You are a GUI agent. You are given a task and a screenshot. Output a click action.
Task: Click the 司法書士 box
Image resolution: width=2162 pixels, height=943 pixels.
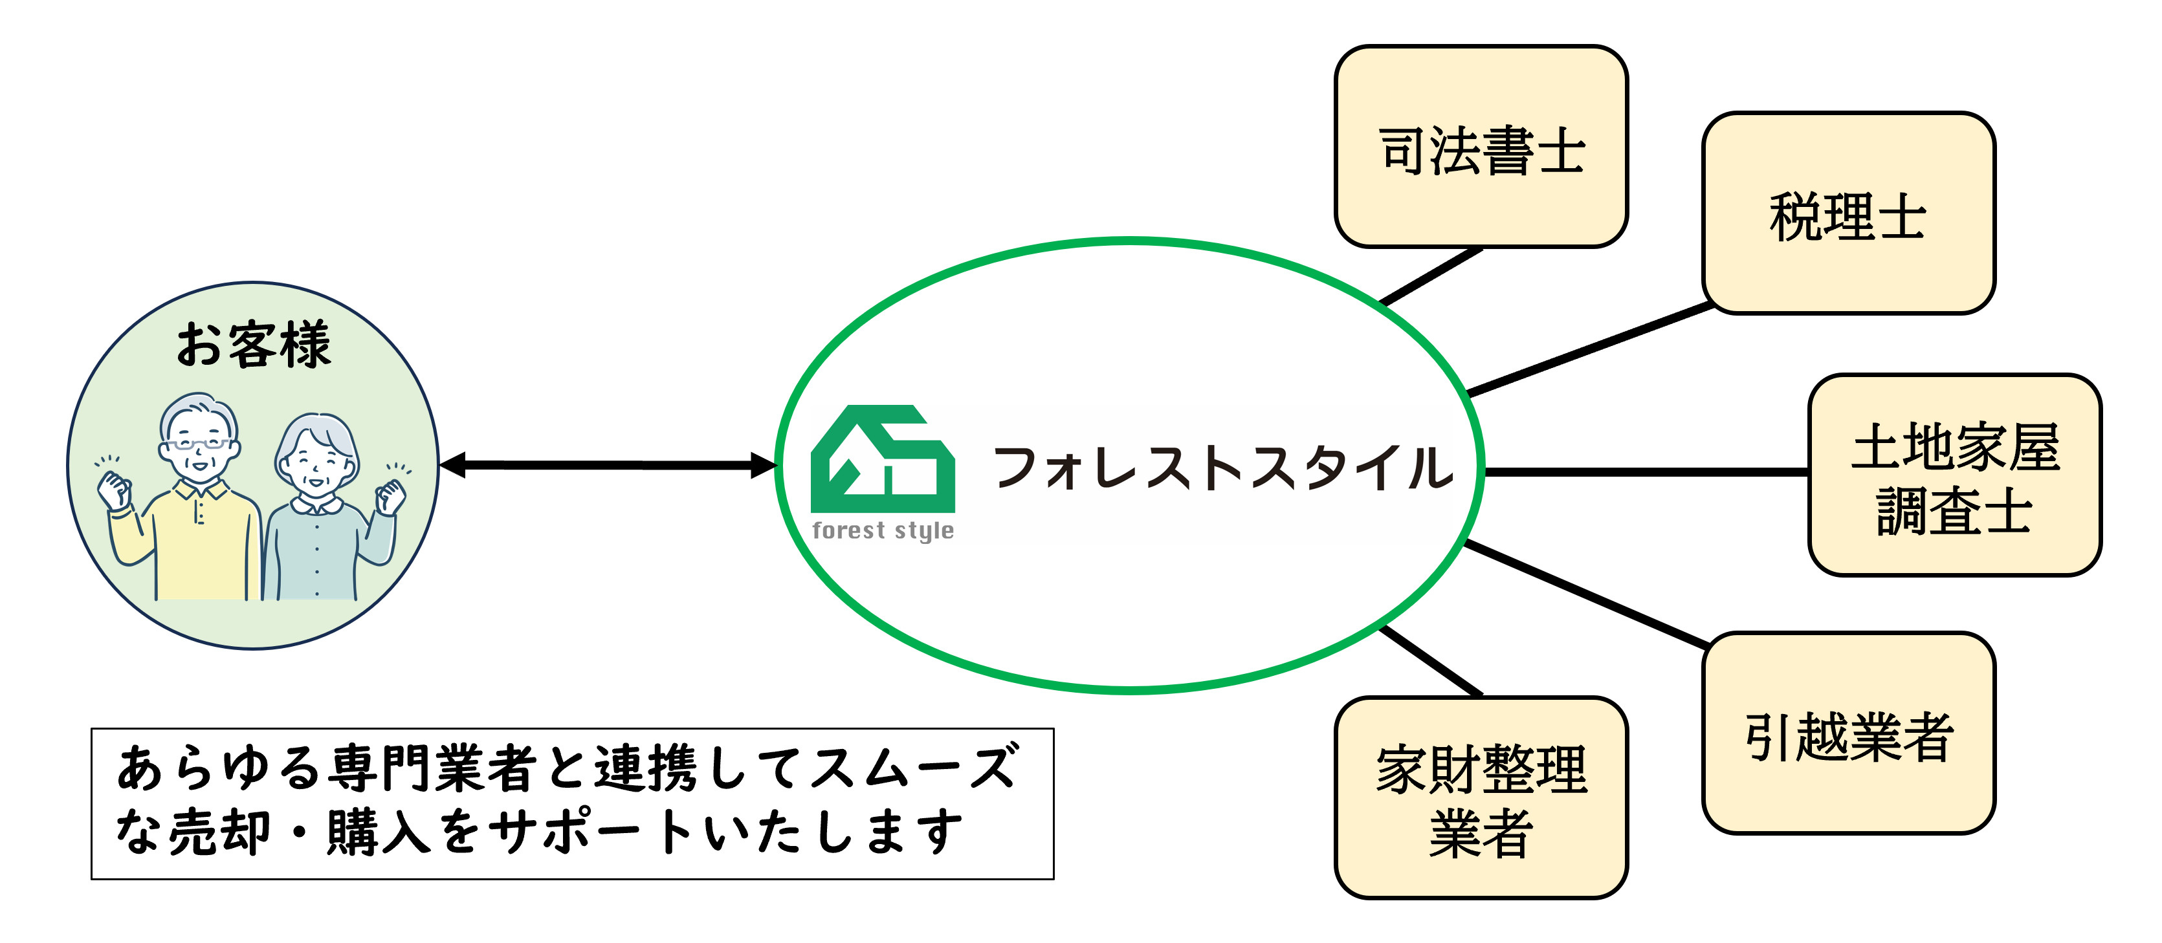click(1481, 147)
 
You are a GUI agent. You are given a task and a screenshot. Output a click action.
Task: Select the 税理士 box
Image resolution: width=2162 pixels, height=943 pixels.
click(1848, 214)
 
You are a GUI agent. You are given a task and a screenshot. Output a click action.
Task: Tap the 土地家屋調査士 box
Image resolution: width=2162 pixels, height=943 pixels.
click(1955, 475)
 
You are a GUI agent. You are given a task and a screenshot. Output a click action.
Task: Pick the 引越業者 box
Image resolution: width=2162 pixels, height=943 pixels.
click(1848, 733)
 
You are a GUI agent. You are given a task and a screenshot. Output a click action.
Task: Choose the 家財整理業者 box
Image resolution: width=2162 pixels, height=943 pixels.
click(1481, 798)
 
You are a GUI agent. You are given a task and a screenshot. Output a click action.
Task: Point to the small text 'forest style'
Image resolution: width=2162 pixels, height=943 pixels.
click(882, 530)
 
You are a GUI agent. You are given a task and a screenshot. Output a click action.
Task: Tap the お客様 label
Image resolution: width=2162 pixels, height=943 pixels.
click(254, 345)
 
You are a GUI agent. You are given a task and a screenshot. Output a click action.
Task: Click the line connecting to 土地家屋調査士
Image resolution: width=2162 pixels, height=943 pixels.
click(1645, 472)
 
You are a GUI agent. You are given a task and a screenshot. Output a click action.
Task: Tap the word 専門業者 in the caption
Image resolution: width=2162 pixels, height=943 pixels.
click(433, 768)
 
